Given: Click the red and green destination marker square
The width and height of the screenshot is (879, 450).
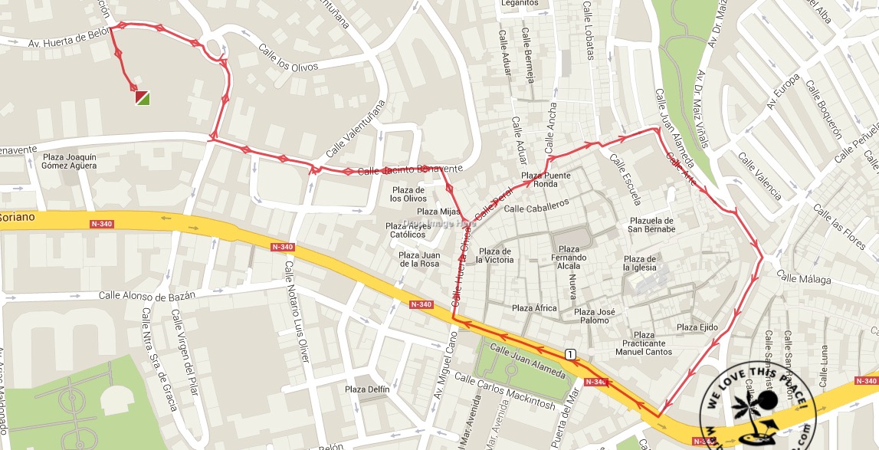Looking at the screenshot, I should (x=143, y=97).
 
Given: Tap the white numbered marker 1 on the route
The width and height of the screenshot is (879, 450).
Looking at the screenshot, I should (x=570, y=353).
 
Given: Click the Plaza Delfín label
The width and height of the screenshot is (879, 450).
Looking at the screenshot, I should (x=367, y=389).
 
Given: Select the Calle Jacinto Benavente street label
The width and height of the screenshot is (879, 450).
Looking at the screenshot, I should (x=410, y=169).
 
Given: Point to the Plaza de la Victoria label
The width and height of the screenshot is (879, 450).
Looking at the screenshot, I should (x=494, y=256).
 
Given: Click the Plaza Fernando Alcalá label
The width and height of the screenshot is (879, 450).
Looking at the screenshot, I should (x=569, y=254).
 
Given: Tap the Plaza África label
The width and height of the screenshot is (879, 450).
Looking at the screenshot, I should (x=534, y=308).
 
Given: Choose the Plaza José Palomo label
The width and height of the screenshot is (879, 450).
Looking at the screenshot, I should (x=595, y=316).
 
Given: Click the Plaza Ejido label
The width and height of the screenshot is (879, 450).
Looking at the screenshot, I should (x=697, y=327).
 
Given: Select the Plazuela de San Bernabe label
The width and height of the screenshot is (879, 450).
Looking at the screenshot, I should (x=651, y=225).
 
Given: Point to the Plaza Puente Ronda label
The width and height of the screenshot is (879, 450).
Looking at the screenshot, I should (x=546, y=180).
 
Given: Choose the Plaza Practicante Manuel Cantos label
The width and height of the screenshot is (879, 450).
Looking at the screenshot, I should (x=644, y=343).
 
